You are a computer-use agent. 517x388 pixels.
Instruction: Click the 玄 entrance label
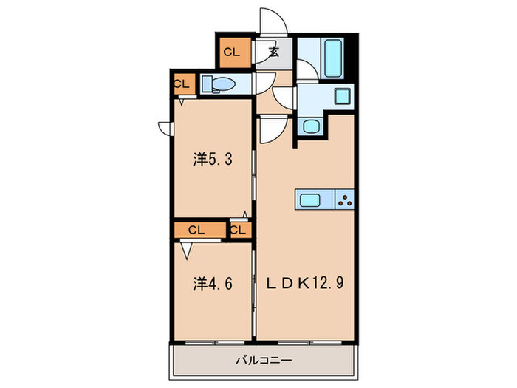click(273, 52)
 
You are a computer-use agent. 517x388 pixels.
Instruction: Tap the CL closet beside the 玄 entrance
click(232, 52)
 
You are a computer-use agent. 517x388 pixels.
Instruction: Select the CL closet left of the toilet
click(182, 84)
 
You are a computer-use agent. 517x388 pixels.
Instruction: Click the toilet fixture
click(217, 84)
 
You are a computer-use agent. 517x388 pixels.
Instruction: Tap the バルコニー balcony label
click(264, 361)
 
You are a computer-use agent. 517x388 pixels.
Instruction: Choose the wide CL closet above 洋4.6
click(196, 230)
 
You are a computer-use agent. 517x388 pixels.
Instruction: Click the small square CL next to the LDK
click(237, 230)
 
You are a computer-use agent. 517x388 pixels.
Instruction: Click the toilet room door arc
click(282, 96)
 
